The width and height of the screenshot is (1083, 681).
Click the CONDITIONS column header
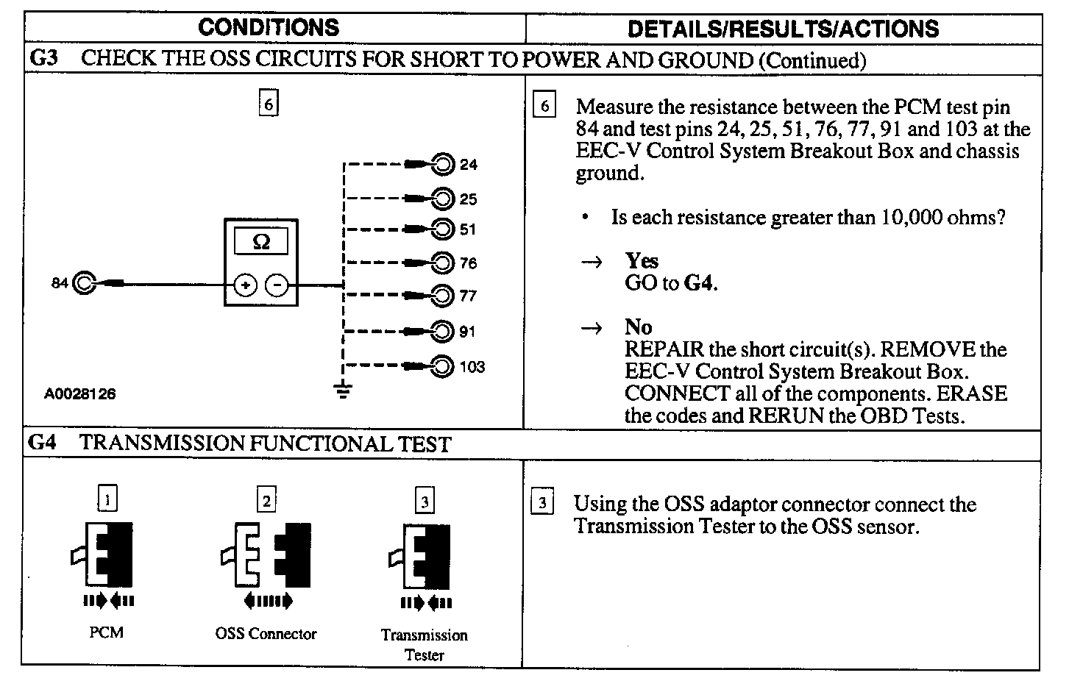tap(269, 28)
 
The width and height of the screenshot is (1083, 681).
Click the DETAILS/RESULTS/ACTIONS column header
tap(783, 29)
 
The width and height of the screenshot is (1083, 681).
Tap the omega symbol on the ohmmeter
tap(261, 241)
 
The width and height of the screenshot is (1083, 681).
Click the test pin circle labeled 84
tap(84, 283)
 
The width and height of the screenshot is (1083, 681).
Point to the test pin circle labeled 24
tap(443, 164)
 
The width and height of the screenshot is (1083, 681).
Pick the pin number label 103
tap(472, 367)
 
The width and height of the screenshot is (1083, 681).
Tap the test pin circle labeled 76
tap(443, 263)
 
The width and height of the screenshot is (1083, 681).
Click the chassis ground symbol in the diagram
tap(343, 390)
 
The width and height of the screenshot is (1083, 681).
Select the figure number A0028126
tap(79, 394)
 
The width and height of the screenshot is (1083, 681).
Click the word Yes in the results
tap(642, 261)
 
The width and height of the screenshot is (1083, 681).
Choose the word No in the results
tap(639, 327)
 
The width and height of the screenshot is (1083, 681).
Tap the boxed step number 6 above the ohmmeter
tap(269, 104)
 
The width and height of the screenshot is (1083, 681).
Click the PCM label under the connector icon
tap(107, 632)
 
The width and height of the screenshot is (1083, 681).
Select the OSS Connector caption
tap(266, 634)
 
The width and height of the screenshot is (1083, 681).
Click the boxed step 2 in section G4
tap(266, 501)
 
